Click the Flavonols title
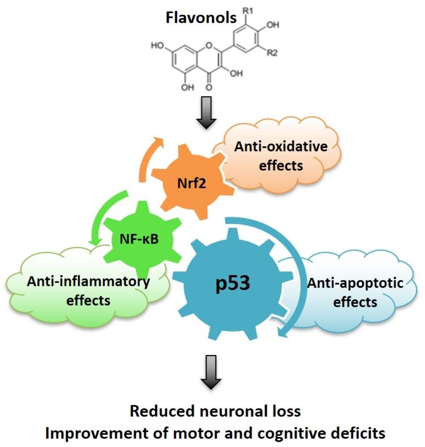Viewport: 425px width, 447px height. click(201, 18)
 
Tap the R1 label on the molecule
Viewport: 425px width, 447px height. click(248, 11)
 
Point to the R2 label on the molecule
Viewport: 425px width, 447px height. click(272, 53)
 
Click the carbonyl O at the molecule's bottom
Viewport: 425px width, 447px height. click(209, 87)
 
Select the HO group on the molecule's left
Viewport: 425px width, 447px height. click(157, 46)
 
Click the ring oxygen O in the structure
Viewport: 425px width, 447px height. click(209, 46)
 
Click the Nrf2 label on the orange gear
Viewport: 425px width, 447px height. click(192, 183)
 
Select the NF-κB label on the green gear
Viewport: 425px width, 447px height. click(139, 239)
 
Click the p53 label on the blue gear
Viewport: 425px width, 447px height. click(233, 283)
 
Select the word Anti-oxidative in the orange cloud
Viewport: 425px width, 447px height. click(281, 146)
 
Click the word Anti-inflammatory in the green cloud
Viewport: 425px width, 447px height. click(88, 281)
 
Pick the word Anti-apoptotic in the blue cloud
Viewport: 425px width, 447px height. click(355, 283)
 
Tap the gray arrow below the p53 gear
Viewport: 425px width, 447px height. click(211, 371)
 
